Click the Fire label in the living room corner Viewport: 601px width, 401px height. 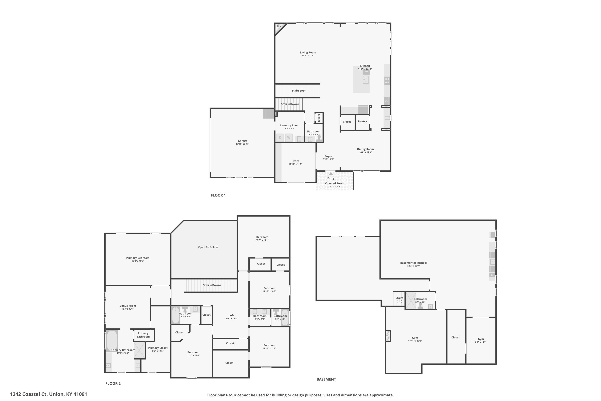pos(279,26)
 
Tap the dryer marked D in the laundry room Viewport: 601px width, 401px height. pos(280,138)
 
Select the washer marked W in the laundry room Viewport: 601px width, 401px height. pos(289,138)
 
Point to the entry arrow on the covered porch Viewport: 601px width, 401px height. pos(331,174)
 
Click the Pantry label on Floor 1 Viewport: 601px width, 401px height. pos(362,122)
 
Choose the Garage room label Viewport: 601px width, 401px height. pos(242,141)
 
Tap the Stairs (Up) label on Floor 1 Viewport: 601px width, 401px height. pos(299,91)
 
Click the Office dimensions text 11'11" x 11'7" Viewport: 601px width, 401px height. pos(295,164)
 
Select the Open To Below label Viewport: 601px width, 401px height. pos(208,247)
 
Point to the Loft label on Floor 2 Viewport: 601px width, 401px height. pos(231,315)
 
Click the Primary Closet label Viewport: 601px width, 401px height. pos(158,348)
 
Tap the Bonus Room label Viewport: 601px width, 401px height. pos(128,306)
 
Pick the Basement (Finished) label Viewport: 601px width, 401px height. pos(413,263)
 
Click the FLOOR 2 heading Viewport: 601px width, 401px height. pos(113,383)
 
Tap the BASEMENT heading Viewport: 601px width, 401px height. pos(326,379)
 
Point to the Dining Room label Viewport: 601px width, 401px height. pos(365,149)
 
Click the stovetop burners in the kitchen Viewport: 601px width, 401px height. pos(387,81)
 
